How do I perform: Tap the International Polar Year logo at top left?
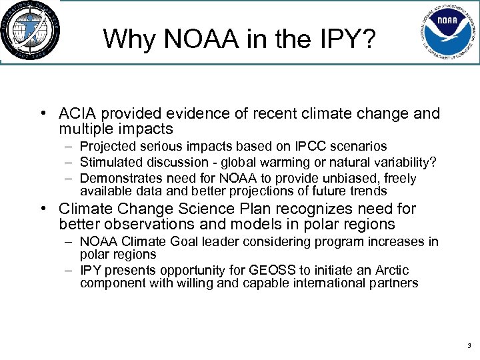pos(30,31)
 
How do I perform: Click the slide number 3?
pos(469,346)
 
